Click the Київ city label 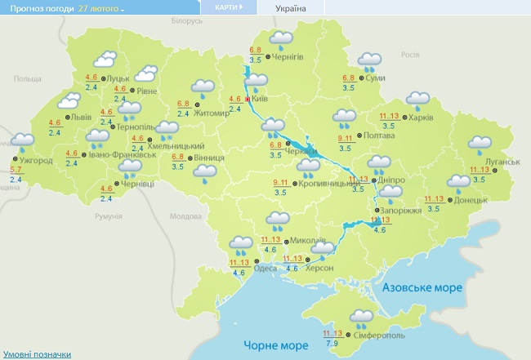[261, 99]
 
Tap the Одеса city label [266, 269]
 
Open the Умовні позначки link [36, 354]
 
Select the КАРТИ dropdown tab [228, 7]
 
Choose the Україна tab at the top [290, 8]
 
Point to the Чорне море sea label [270, 343]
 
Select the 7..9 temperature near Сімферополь [333, 343]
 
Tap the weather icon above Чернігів [282, 38]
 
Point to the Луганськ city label [502, 162]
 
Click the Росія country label [410, 55]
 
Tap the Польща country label [26, 78]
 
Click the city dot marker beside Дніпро [373, 180]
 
